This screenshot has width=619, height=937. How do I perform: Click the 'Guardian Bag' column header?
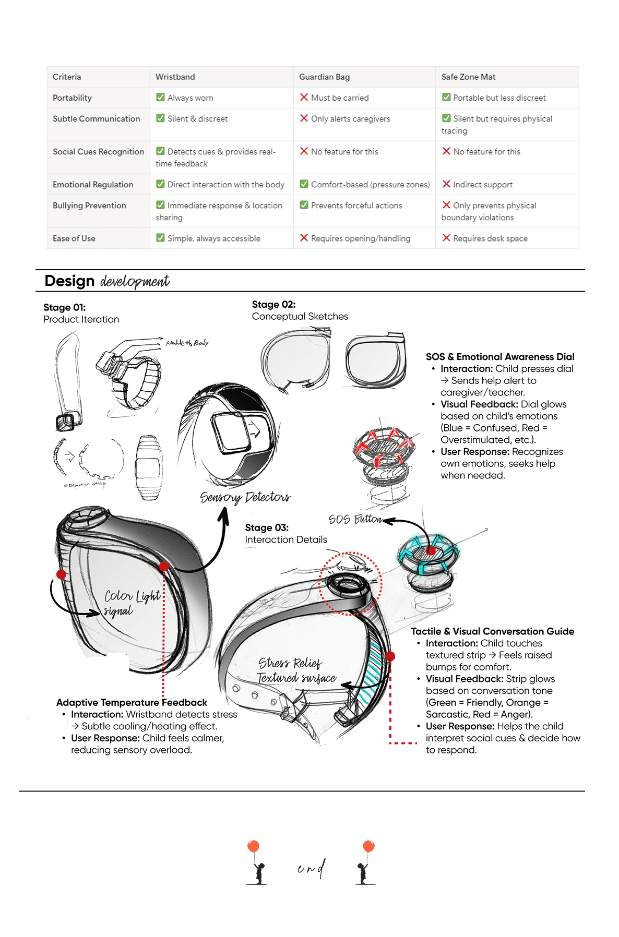[324, 77]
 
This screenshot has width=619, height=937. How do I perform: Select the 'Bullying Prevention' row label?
[89, 206]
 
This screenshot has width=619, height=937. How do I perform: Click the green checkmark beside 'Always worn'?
[161, 97]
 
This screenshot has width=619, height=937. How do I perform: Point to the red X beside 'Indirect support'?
[446, 184]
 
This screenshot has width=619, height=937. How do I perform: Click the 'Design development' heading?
[107, 281]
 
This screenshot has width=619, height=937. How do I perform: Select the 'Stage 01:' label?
[65, 308]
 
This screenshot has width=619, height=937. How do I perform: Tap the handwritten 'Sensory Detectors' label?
[245, 497]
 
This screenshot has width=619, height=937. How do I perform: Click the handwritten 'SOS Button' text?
[355, 520]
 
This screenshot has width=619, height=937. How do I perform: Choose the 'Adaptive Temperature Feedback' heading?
[132, 703]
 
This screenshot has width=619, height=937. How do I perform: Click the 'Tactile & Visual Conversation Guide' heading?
[492, 632]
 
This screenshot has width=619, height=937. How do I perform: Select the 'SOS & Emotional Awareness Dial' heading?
[499, 357]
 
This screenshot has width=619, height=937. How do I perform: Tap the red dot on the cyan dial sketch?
[431, 550]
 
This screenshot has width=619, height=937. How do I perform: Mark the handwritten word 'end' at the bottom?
[311, 868]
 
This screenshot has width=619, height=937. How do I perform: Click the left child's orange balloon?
[254, 846]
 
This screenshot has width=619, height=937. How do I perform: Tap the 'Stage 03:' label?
[267, 528]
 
